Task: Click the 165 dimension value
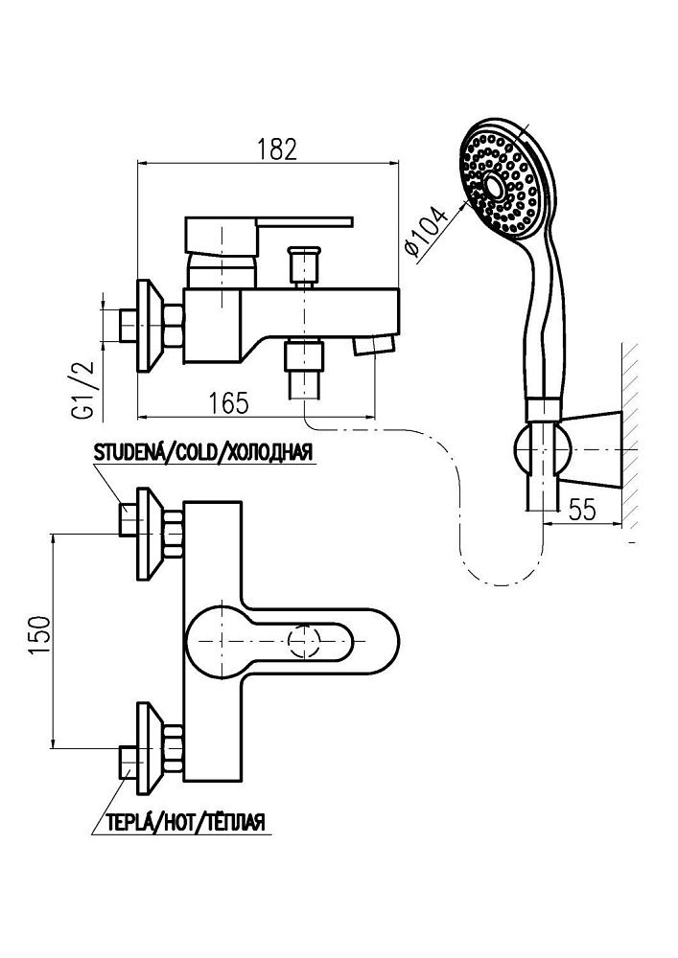point(227,402)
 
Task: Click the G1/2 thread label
point(82,388)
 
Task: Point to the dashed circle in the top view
point(305,640)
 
